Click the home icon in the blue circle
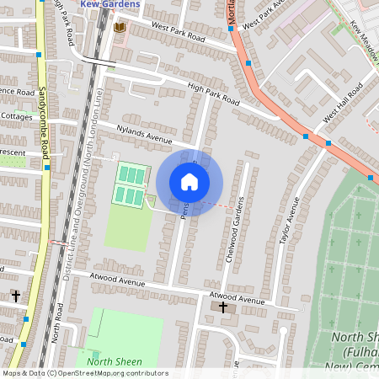click(x=189, y=182)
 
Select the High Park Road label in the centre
click(x=213, y=98)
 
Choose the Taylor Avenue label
click(x=290, y=222)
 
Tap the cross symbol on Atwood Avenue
click(x=223, y=307)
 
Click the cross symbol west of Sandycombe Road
click(x=15, y=296)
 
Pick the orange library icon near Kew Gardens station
click(x=119, y=27)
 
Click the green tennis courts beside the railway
click(x=131, y=185)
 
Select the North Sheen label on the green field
click(x=112, y=361)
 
